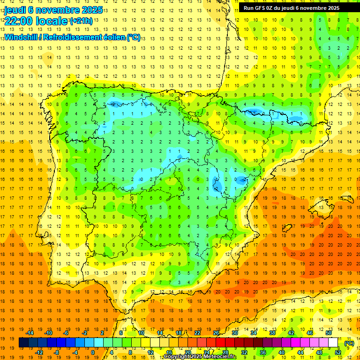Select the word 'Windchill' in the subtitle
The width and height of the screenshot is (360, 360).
coord(21,37)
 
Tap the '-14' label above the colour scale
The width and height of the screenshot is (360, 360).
coord(30,333)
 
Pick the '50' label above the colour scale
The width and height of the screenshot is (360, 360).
coord(329,333)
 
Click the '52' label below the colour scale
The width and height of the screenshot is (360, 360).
coord(338,352)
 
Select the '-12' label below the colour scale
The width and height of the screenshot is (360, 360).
coord(39,352)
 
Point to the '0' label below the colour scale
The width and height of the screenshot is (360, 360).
coord(92,352)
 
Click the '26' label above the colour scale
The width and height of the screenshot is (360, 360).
coord(216,333)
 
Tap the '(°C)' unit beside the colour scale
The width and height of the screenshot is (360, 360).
coord(349,343)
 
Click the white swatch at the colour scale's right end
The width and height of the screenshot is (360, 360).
coord(333,343)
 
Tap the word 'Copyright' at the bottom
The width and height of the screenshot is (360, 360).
coord(178,357)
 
